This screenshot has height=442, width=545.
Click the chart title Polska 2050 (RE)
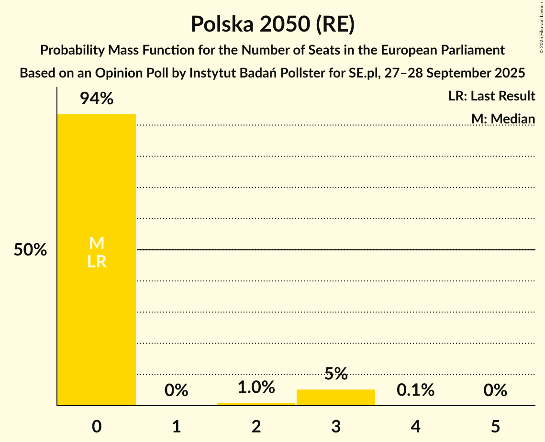point(272,24)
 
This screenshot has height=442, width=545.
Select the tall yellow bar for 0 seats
point(97,311)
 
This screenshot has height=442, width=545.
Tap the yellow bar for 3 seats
point(336,398)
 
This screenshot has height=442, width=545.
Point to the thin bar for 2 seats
point(256,404)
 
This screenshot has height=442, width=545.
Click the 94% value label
point(97,99)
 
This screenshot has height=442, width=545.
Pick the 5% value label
point(336,374)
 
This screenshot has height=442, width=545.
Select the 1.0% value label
point(256,387)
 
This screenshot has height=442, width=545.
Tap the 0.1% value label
point(415,390)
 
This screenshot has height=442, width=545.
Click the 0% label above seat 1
point(176,390)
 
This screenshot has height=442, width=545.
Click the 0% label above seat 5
point(495,390)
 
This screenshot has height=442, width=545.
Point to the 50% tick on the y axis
point(30,250)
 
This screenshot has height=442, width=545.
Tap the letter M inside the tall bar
point(97,243)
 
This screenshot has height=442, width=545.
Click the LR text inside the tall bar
point(97,262)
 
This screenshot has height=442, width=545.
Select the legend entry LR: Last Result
point(491,96)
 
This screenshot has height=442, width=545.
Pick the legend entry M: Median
point(503,119)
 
